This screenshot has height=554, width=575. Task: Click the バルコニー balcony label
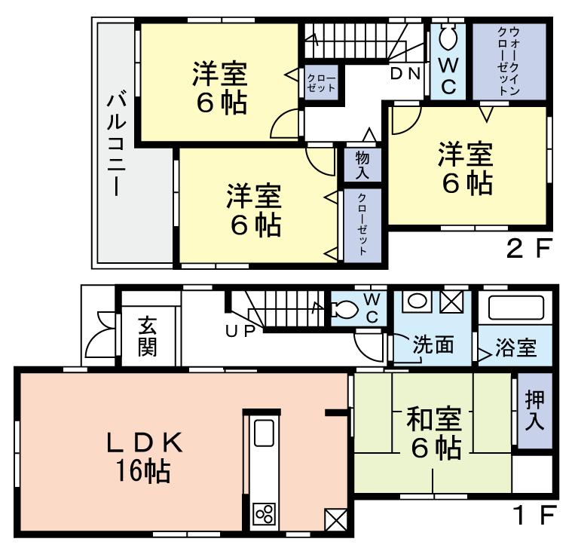point(115,143)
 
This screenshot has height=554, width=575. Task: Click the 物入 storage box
point(362,164)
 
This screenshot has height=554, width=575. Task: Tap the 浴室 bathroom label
point(516,348)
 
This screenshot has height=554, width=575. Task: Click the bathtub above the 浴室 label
point(516,308)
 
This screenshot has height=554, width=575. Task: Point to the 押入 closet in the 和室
point(534,411)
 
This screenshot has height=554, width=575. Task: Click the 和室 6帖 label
point(433,433)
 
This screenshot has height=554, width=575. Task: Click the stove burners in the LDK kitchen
point(265,514)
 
